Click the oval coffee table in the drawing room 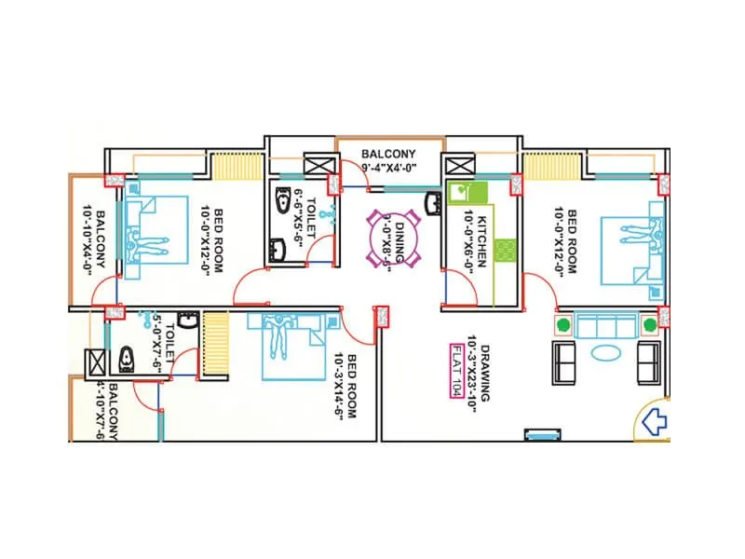(605, 353)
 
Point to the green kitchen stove (508, 251)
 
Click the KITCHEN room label (476, 239)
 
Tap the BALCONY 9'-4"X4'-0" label (388, 160)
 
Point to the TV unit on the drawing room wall (543, 433)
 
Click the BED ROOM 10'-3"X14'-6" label (345, 387)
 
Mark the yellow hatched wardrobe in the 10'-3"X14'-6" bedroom (215, 345)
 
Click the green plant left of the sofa (562, 325)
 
